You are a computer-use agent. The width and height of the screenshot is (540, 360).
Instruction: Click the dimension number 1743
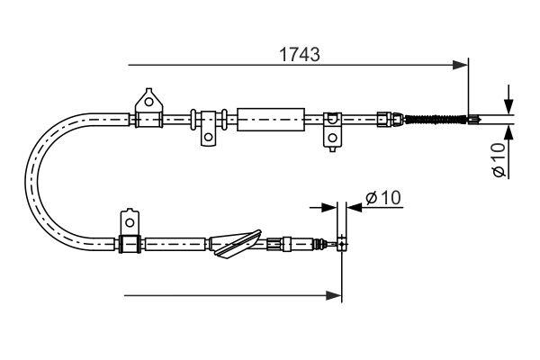tap(297, 53)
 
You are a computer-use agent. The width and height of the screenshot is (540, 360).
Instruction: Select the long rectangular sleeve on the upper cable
tap(267, 117)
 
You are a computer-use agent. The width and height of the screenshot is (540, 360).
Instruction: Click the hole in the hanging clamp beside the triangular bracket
tap(208, 138)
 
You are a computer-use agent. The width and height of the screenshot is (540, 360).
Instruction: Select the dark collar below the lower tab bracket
tap(129, 242)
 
